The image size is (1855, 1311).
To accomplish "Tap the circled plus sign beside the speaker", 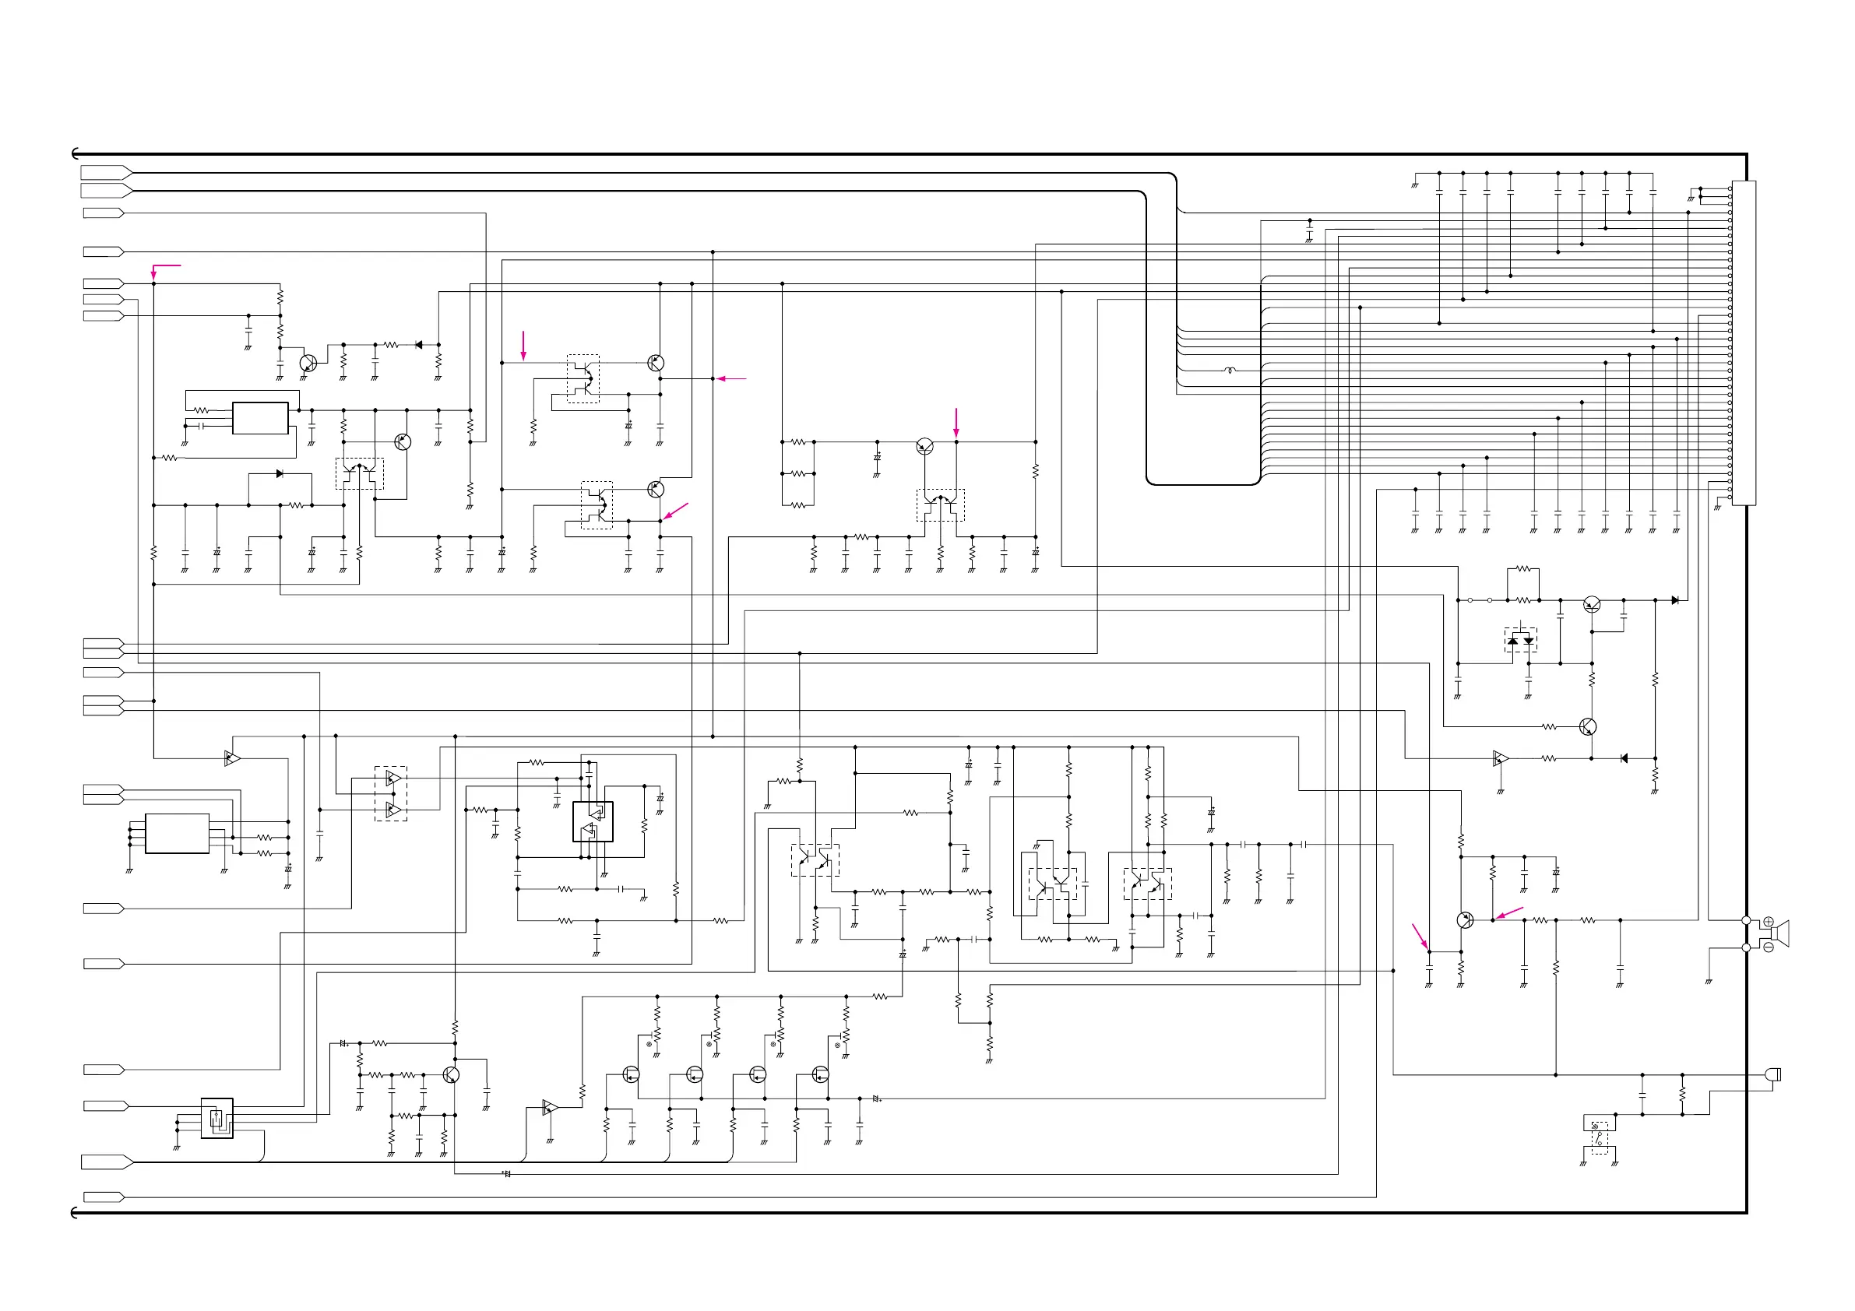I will (1768, 922).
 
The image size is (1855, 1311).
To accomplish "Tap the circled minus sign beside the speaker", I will (1768, 947).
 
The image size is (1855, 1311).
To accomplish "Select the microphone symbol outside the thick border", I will (1773, 1074).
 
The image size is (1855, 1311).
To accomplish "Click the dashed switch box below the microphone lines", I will (1600, 1138).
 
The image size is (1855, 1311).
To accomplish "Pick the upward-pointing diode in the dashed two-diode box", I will (1512, 641).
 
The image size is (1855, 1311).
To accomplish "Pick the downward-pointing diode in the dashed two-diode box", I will (1529, 641).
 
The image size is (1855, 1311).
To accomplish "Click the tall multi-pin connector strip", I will (1744, 343).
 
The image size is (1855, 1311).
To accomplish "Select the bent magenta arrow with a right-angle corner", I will (161, 267).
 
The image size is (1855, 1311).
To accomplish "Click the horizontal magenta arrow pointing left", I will (731, 378).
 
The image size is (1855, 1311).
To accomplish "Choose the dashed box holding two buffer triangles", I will (391, 794).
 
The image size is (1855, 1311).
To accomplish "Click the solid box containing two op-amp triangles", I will (593, 821).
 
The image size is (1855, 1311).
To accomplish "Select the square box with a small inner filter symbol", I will (216, 1118).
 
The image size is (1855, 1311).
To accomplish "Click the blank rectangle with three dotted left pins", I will (177, 833).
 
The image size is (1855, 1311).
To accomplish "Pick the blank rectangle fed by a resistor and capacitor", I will (260, 417).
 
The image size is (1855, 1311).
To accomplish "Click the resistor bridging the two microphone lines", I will (1682, 1095).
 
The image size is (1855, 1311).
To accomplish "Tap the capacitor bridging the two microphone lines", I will (1642, 1095).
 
